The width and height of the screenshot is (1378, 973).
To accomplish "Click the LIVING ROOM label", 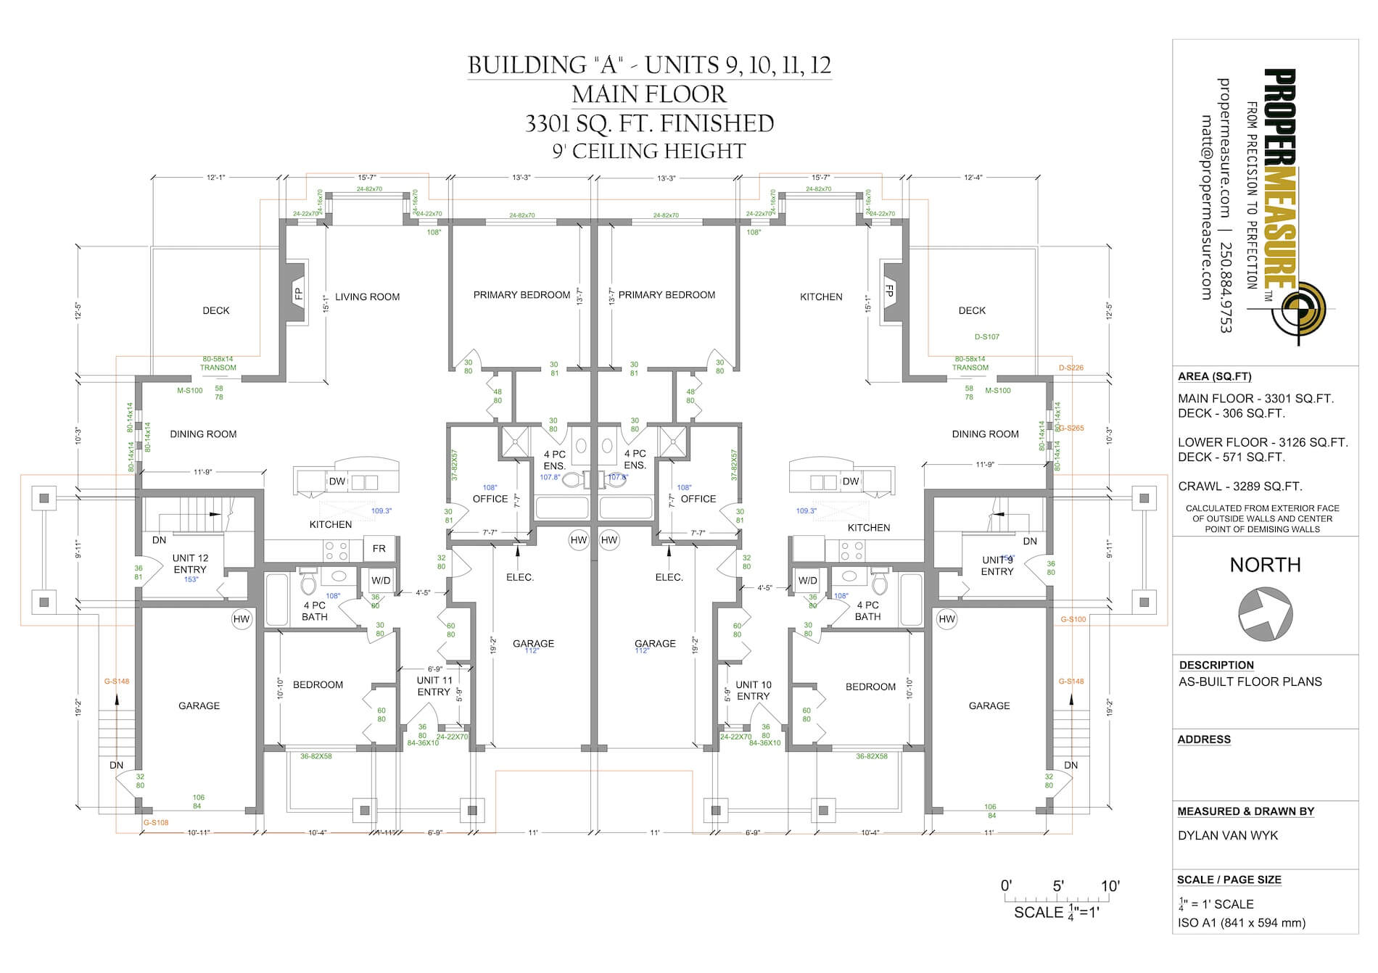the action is pos(367,297).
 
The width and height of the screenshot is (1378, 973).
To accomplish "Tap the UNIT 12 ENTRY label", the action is pos(190,563).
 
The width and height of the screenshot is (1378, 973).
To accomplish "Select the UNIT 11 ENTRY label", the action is pos(434,686).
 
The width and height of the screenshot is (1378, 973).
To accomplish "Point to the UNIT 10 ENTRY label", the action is pos(753,690).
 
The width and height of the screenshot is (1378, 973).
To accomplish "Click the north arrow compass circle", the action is pos(1265,614).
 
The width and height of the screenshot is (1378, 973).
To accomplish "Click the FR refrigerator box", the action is pos(379,549).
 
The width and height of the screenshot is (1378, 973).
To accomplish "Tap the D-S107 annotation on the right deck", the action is pos(986,337).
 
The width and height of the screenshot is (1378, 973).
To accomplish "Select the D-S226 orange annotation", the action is pos(1070,368).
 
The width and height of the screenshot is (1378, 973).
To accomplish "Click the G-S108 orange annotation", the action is pos(156,823).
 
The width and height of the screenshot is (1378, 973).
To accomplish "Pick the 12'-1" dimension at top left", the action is pos(216,177).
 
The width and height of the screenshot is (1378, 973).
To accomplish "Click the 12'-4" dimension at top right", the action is pos(973,177).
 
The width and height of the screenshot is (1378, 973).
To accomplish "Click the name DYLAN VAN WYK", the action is pos(1228,835).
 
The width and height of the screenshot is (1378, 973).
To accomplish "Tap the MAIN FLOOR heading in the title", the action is pos(649,94).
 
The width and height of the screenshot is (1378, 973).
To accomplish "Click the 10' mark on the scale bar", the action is pos(1110,886).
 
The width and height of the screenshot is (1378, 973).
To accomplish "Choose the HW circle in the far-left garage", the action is pos(241,619).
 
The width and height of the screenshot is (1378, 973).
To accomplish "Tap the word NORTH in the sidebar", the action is pos(1265,565).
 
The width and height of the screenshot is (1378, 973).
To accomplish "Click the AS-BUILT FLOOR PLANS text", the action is pos(1250,682).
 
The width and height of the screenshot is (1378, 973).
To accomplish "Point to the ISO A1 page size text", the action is pos(1242,923).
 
